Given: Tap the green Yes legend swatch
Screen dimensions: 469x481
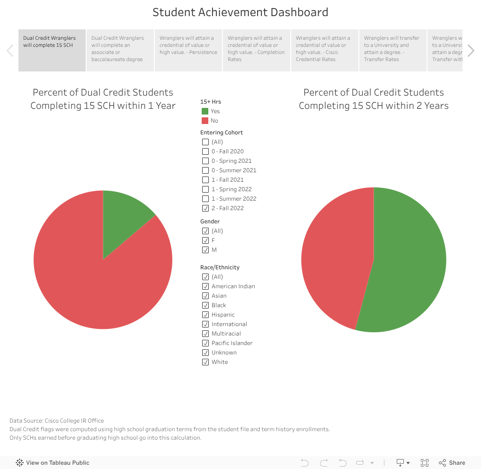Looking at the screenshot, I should coord(205,111).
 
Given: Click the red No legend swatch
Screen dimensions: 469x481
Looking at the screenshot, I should coord(205,121).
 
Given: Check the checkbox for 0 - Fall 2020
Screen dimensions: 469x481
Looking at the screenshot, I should coord(205,151).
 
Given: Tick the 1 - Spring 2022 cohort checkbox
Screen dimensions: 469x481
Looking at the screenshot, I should coord(205,189).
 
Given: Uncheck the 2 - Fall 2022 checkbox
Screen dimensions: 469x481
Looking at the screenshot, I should coord(205,208).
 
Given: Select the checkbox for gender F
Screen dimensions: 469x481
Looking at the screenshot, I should coord(205,240).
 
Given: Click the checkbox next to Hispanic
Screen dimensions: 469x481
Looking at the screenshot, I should coord(205,315).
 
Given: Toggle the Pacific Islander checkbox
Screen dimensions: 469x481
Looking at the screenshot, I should coord(205,343).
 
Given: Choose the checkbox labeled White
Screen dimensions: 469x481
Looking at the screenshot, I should coord(205,362).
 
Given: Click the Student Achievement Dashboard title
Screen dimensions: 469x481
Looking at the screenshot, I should coord(240,12).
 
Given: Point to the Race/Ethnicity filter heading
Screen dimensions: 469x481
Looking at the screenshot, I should coord(220,267).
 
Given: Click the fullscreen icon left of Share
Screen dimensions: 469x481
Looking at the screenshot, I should coord(425,463).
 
